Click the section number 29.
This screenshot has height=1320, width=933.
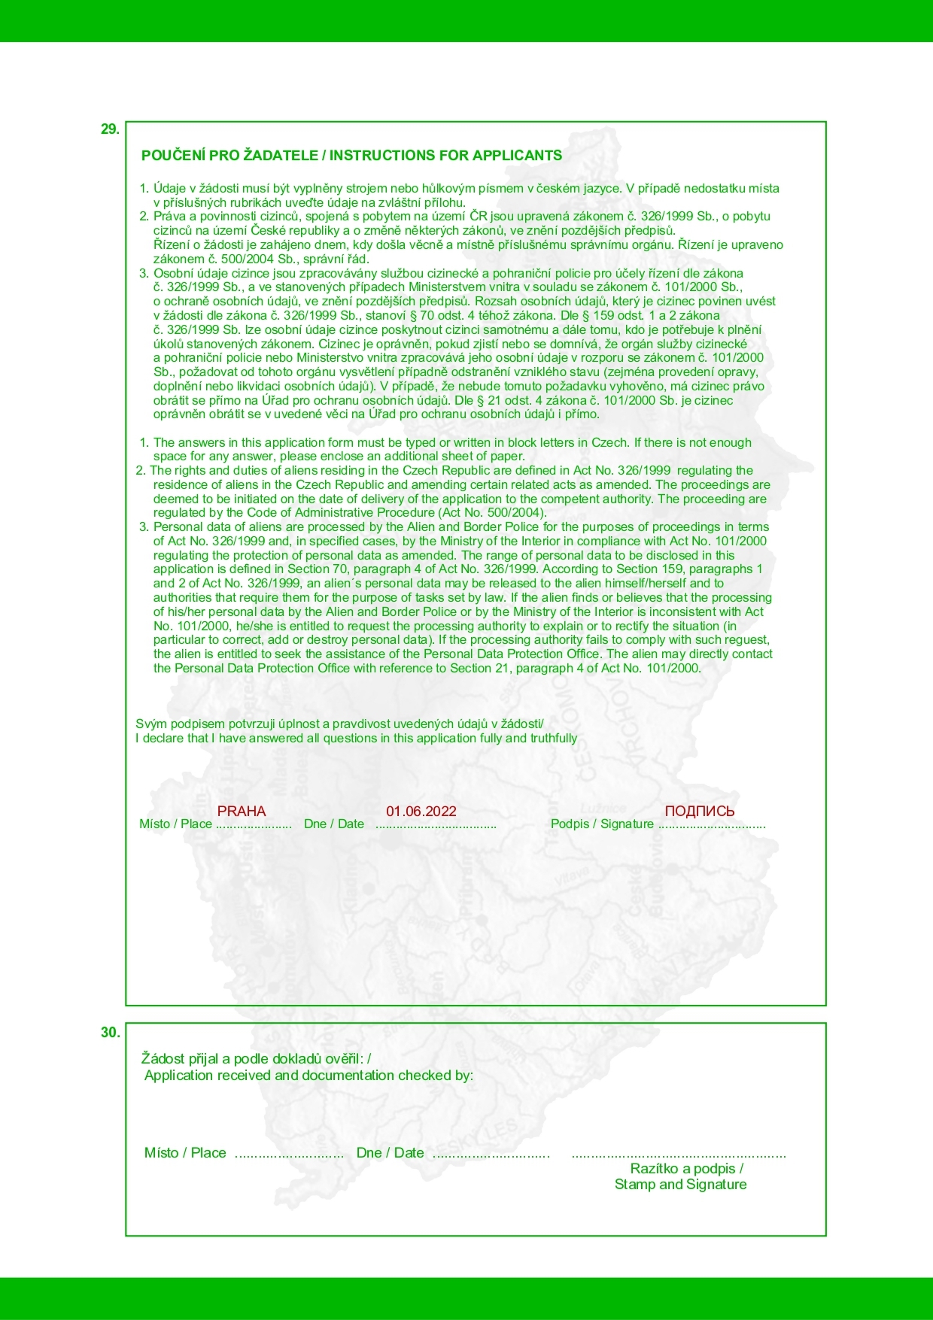tap(110, 129)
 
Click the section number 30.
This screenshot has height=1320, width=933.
tap(110, 1033)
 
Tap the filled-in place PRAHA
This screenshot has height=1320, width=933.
tap(242, 811)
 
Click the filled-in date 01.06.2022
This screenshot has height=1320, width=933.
tap(421, 811)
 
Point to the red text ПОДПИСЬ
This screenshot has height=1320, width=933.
tap(699, 811)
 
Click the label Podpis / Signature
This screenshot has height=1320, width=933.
tap(602, 824)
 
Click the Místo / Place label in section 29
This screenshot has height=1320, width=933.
tap(175, 824)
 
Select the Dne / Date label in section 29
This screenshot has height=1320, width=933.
tap(334, 824)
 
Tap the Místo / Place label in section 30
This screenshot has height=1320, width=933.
tap(185, 1153)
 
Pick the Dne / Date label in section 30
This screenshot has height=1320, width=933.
tap(390, 1153)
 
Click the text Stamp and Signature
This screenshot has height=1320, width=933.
tap(680, 1185)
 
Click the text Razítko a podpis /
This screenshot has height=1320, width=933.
tap(686, 1168)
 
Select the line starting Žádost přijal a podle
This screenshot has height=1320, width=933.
tap(256, 1059)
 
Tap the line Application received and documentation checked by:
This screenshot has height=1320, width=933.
tap(308, 1076)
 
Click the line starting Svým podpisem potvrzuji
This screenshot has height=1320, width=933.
tap(339, 724)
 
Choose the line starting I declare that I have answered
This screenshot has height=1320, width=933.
tap(356, 739)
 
